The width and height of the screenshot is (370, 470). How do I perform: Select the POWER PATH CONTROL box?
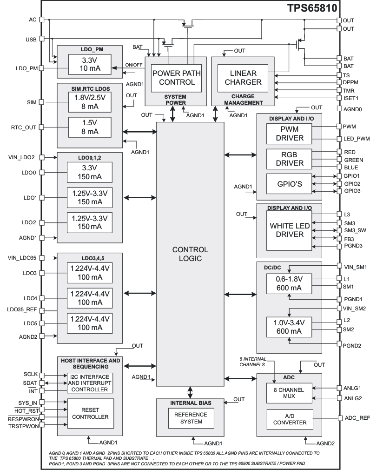click(173, 78)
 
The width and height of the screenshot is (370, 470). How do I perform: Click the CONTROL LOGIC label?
click(190, 254)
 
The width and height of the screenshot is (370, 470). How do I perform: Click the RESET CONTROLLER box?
click(90, 412)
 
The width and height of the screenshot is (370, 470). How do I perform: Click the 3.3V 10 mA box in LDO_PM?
click(90, 64)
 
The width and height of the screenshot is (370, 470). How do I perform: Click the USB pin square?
click(41, 39)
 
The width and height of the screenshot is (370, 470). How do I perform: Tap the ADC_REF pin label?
click(357, 418)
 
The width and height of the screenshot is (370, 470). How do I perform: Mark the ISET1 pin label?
click(351, 98)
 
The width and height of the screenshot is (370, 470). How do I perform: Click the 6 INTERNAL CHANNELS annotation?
click(253, 361)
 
